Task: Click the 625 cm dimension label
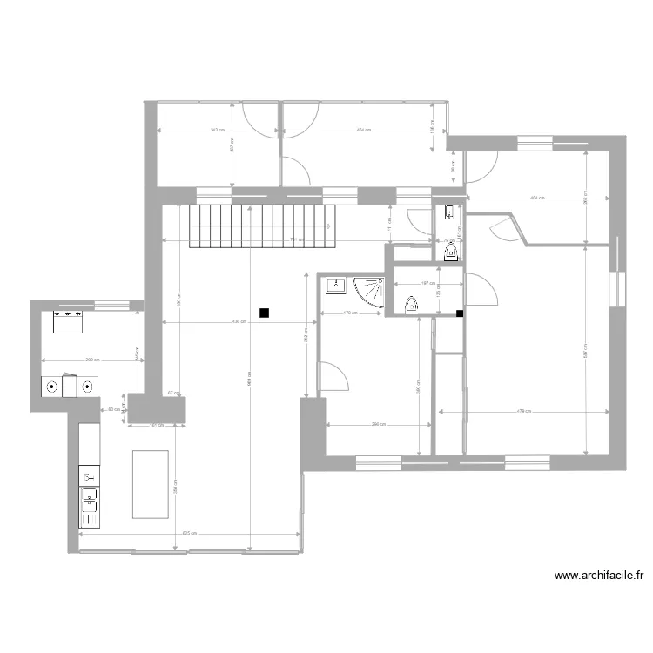(187, 534)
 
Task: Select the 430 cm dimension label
(239, 322)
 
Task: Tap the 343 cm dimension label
(216, 131)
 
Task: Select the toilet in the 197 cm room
(412, 304)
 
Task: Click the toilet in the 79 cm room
(451, 252)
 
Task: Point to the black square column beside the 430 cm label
(264, 313)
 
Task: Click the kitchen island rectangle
(150, 483)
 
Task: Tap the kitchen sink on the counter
(90, 507)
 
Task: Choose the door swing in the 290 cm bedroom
(333, 377)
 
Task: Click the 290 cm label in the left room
(90, 360)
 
